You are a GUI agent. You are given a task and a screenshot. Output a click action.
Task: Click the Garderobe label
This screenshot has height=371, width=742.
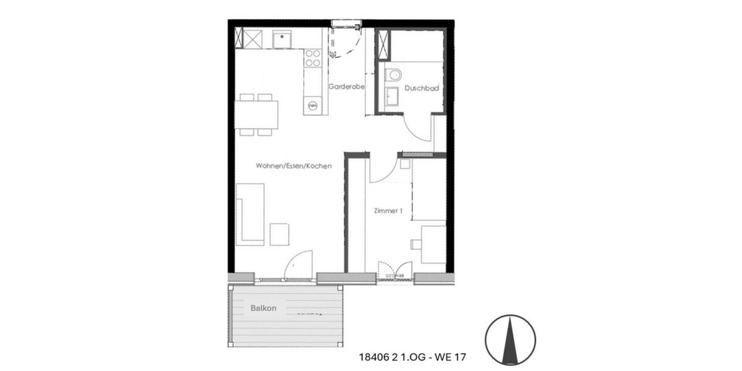point(346,87)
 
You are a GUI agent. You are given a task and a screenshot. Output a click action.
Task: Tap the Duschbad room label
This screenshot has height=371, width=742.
point(422,88)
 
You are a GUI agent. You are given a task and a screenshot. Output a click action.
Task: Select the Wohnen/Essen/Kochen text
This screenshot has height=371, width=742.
point(294,166)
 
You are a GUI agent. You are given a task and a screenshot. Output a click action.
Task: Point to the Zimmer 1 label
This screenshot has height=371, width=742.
point(388,211)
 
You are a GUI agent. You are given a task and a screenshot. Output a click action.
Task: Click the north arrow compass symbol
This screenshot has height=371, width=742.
point(510,339)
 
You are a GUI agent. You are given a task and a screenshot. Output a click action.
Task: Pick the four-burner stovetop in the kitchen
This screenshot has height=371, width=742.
point(313,58)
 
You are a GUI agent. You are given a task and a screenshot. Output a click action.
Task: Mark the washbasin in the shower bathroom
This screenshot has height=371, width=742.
point(391,98)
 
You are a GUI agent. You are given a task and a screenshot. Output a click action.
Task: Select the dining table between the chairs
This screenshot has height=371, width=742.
point(256,114)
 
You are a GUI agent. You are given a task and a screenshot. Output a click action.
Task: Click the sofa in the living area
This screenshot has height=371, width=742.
point(250,213)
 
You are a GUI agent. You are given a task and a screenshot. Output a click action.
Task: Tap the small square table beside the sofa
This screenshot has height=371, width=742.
point(279,234)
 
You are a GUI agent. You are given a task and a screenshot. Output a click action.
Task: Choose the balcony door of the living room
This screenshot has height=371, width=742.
point(299,266)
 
